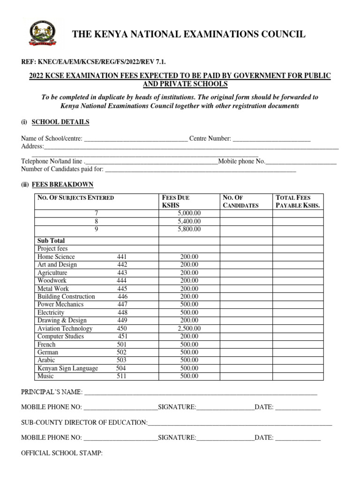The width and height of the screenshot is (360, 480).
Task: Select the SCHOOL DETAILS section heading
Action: pos(60,122)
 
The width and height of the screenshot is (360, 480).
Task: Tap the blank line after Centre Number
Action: pos(271,139)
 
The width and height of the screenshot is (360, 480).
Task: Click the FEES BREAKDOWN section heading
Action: pos(62,185)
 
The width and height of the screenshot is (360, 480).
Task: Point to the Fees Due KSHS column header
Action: pos(176,202)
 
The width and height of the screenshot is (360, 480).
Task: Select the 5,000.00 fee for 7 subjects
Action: pos(189,213)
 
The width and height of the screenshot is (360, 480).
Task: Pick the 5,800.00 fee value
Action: pos(189,229)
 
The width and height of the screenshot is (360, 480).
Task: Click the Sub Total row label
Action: pos(51,240)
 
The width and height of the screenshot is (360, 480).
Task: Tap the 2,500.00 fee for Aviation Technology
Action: pos(189,329)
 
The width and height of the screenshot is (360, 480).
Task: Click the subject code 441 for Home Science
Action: pos(122,257)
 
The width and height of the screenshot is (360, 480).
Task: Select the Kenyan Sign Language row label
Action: pos(67,368)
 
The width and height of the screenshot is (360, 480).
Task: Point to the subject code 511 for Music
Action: pos(121,376)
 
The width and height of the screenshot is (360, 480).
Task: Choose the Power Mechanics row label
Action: pos(60,304)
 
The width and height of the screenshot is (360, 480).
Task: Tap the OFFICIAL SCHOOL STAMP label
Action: pos(62,454)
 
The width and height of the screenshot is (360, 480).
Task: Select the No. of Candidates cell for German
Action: pos(246,352)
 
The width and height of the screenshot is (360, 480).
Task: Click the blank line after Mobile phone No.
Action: pos(301,162)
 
